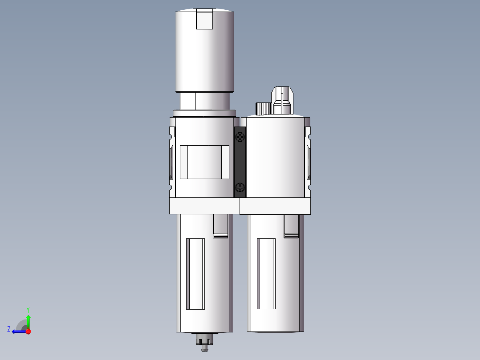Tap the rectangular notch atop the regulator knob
point(204,20)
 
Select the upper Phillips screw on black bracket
point(240,137)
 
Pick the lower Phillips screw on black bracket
point(240,187)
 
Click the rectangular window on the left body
point(204,162)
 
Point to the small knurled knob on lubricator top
point(264,108)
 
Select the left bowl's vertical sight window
point(195,274)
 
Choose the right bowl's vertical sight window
point(266,274)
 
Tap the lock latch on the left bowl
point(220,227)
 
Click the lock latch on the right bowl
point(291,227)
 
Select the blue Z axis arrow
point(18,331)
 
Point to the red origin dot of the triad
point(28,331)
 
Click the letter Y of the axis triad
point(28,309)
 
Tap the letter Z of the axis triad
point(9,329)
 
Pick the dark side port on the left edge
point(171,161)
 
